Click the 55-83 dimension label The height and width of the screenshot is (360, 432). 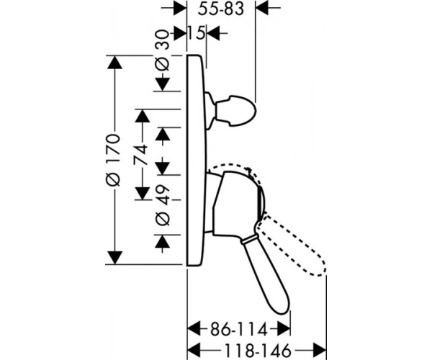click(x=221, y=9)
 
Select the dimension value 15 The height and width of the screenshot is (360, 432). click(x=197, y=33)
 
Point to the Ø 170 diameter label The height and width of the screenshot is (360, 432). click(x=114, y=160)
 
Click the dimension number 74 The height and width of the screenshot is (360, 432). click(x=141, y=154)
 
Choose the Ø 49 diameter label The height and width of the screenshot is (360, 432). click(x=163, y=205)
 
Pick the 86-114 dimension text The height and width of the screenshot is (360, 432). click(x=239, y=330)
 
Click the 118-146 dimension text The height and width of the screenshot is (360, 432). click(x=258, y=351)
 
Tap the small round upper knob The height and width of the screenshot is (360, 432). click(x=235, y=111)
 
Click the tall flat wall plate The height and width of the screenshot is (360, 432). click(x=197, y=161)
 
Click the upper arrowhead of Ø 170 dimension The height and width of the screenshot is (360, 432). click(x=114, y=62)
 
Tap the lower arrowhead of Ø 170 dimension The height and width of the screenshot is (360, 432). click(x=114, y=258)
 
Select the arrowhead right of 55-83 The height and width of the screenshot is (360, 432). click(x=263, y=8)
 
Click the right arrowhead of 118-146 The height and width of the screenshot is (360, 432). click(x=320, y=351)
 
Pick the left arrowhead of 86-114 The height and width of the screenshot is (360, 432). click(x=194, y=328)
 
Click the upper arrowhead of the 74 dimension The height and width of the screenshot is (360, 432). click(x=143, y=116)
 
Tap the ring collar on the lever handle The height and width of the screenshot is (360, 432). click(x=249, y=239)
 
